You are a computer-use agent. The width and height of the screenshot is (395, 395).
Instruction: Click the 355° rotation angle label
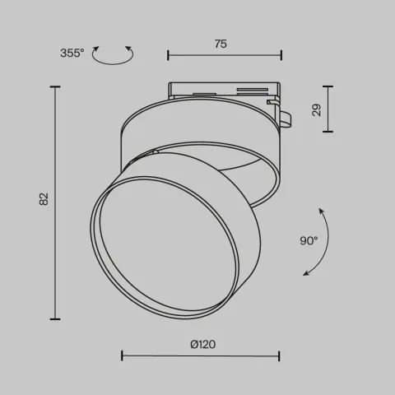72,53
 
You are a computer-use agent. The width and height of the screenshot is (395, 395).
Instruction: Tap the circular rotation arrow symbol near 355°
114,55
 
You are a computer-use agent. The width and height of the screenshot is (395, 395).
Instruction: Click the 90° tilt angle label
309,241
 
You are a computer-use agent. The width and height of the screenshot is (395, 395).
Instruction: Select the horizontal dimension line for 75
224,56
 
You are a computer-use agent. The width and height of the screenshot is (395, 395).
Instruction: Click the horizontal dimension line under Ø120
200,356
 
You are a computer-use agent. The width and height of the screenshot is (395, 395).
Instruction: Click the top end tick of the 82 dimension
56,86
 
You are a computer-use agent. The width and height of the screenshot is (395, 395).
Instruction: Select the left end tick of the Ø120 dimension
122,356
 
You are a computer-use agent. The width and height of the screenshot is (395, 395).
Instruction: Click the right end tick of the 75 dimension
281,56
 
